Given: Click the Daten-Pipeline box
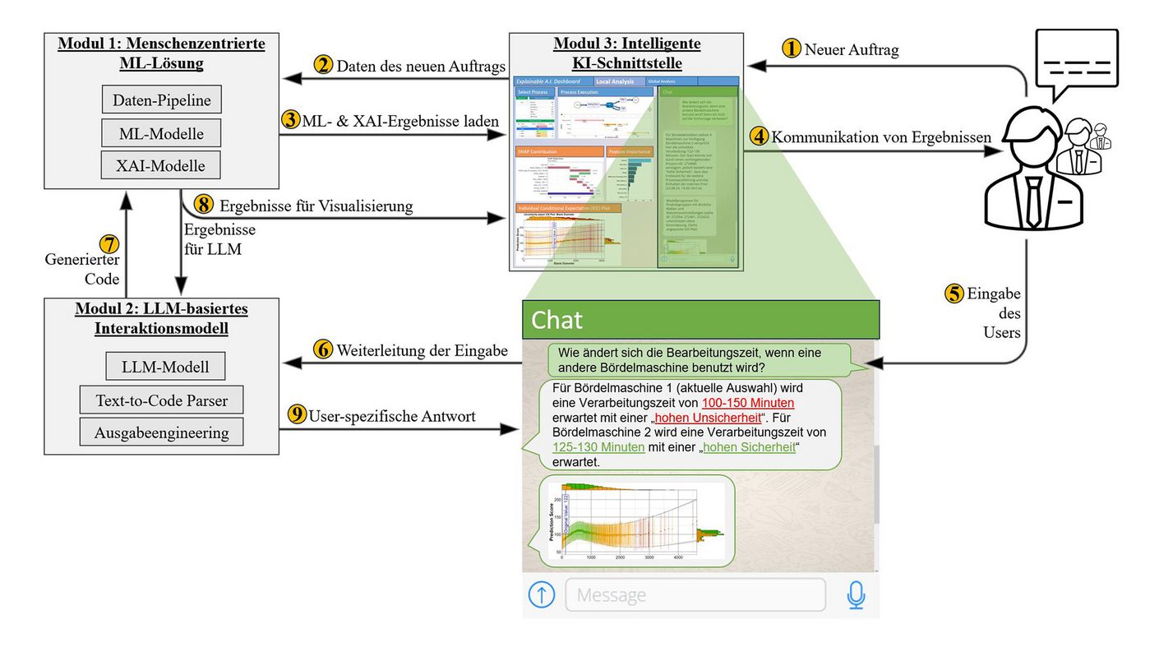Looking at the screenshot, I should pyautogui.click(x=162, y=100).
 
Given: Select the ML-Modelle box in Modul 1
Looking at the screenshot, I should pyautogui.click(x=162, y=132).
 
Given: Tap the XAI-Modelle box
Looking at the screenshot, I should pyautogui.click(x=162, y=165).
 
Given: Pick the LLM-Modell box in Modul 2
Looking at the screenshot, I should pyautogui.click(x=165, y=366).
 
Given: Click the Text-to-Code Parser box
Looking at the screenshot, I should pyautogui.click(x=162, y=400).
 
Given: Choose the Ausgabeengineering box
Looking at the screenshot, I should pyautogui.click(x=162, y=432).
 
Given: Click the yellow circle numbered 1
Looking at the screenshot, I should pyautogui.click(x=791, y=49).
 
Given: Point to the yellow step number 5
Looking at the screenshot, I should pyautogui.click(x=954, y=294).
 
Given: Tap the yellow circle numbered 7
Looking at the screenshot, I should pyautogui.click(x=109, y=243).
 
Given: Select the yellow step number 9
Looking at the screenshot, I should pyautogui.click(x=297, y=415).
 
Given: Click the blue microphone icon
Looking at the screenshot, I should pyautogui.click(x=856, y=594).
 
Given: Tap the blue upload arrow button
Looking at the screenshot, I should pyautogui.click(x=541, y=594).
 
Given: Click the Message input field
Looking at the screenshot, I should pyautogui.click(x=695, y=594).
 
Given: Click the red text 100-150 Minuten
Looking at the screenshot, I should pyautogui.click(x=747, y=403).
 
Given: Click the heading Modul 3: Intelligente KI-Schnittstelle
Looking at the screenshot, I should pyautogui.click(x=627, y=53).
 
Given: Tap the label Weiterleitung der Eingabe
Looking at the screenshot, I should pyautogui.click(x=422, y=350).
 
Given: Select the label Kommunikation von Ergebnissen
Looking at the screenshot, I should pyautogui.click(x=880, y=137).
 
